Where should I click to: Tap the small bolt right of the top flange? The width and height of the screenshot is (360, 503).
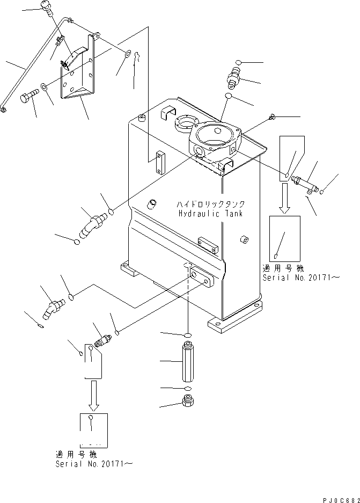click(x=271, y=116)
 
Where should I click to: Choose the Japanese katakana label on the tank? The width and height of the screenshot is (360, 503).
click(x=211, y=204)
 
